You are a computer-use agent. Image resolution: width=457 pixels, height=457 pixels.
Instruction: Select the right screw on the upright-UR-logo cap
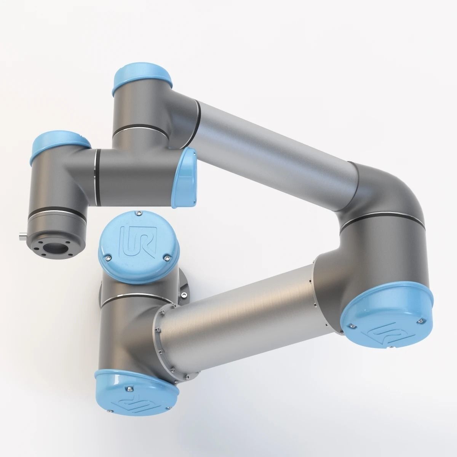tap(166, 259)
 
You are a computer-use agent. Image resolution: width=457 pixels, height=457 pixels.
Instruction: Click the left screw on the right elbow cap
tap(352, 326)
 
